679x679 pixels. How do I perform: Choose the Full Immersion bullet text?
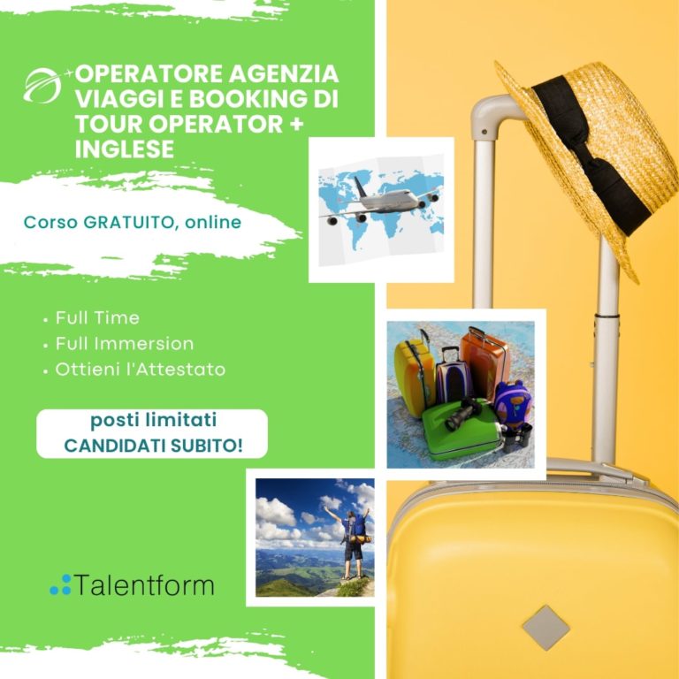click(x=124, y=343)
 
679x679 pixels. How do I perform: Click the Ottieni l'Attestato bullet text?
click(x=140, y=369)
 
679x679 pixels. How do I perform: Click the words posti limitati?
click(x=153, y=420)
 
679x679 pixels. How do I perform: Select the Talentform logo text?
click(x=144, y=584)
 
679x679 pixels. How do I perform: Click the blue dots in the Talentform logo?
click(x=60, y=584)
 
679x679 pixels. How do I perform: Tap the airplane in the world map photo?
click(x=376, y=203)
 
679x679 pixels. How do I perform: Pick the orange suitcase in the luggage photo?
click(x=484, y=358)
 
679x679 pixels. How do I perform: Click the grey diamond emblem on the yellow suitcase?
click(x=545, y=627)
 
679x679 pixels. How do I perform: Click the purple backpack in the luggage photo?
click(x=513, y=402)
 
